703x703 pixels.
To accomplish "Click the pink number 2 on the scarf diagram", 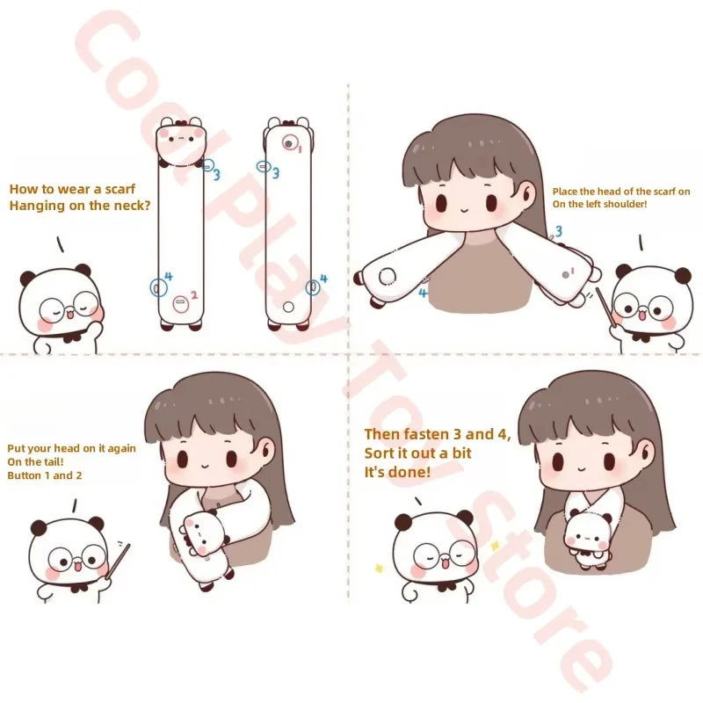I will (194, 295).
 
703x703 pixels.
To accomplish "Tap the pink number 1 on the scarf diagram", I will (300, 149).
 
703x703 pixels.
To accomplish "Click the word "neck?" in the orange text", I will (133, 207).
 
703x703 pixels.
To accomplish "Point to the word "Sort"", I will (380, 453).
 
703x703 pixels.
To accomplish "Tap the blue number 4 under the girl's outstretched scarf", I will (424, 293).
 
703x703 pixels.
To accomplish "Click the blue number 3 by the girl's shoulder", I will (556, 232).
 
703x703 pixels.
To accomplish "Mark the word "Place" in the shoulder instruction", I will (565, 192).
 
